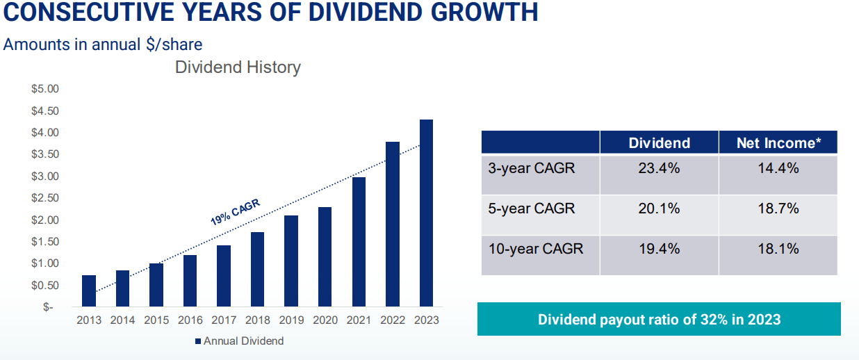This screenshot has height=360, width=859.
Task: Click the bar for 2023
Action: pos(426,213)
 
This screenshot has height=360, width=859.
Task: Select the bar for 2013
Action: pos(89,291)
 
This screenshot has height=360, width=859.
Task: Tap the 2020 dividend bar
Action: pos(325,257)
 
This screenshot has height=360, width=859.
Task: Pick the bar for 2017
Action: pos(224,276)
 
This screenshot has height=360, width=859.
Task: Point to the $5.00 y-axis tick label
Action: pos(45,89)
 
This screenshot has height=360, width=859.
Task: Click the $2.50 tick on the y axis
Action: pos(45,198)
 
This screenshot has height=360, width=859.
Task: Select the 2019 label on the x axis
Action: pos(291,320)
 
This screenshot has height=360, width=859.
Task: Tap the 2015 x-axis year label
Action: pos(156,320)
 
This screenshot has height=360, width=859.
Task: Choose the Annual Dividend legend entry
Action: pos(239,341)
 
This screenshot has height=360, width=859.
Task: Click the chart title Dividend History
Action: pos(238,67)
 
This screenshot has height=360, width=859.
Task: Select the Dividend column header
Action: pos(659,143)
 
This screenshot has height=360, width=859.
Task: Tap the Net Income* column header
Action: pos(778,143)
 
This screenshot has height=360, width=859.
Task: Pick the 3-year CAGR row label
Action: pos(532,168)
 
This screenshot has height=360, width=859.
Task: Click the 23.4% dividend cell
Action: pos(659,168)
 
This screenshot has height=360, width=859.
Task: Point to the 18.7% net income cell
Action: pos(778,208)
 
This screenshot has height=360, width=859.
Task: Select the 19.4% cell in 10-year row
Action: pos(659,249)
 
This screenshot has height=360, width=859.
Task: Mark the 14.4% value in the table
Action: pos(778,168)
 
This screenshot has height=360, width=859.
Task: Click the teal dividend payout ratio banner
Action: pos(659,320)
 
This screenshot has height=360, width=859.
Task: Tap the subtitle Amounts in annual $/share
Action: pos(103,44)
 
